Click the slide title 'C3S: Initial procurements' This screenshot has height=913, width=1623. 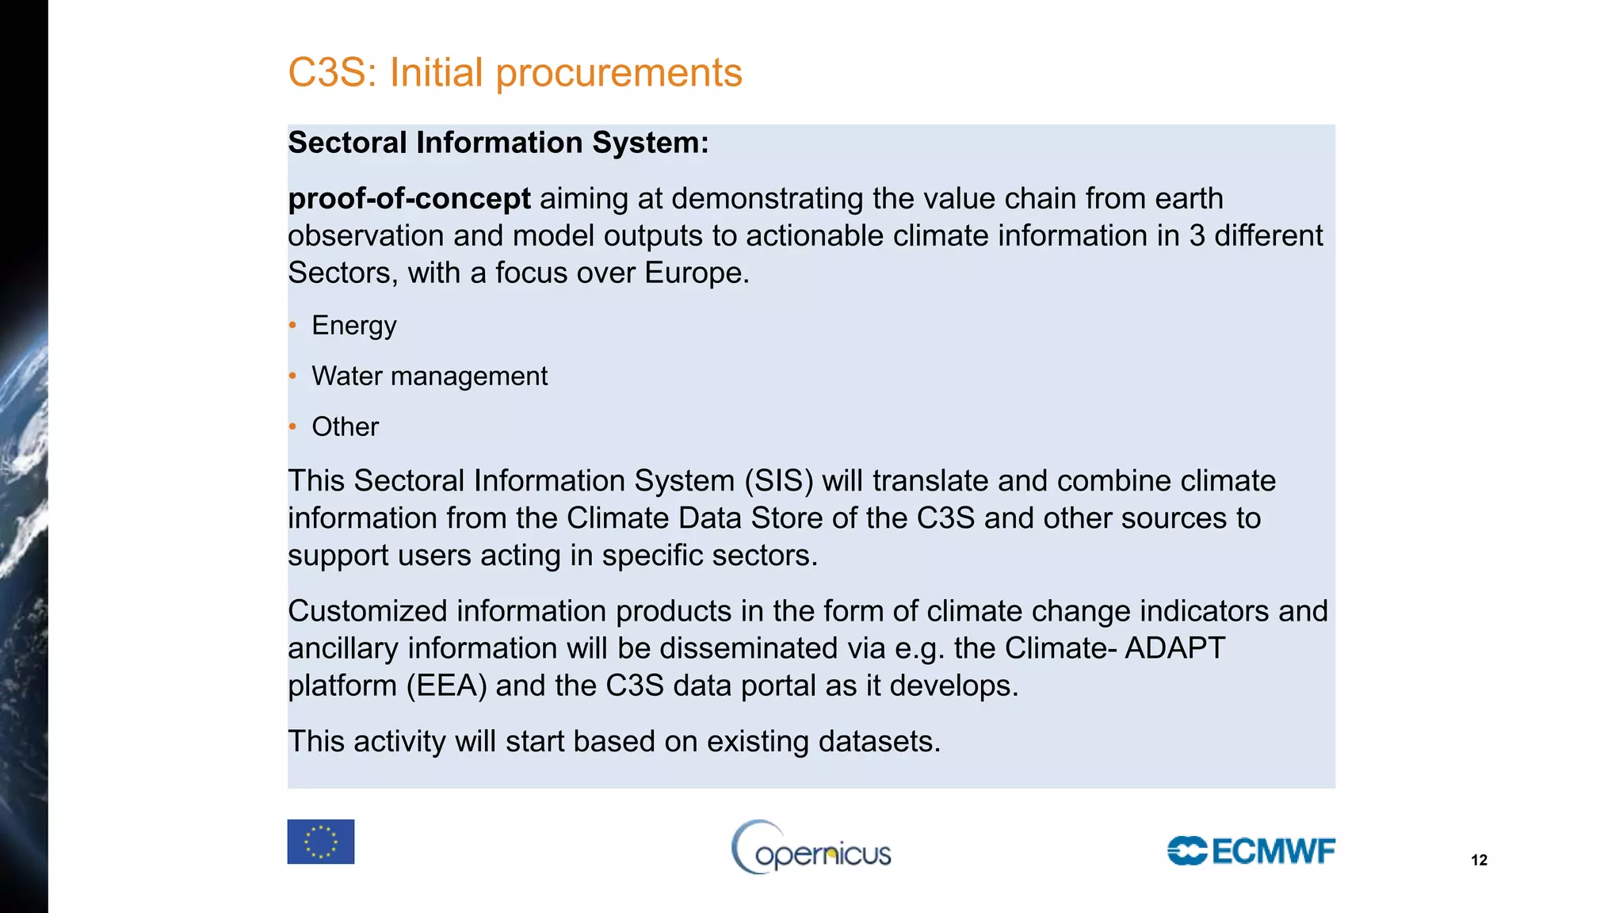pos(514,73)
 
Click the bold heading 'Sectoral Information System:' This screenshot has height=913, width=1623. pos(498,143)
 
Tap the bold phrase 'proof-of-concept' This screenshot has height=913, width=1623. pos(409,198)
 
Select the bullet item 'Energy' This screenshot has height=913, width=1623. pos(353,325)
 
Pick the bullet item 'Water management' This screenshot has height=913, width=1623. pos(429,376)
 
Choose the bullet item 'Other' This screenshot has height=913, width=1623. pos(345,426)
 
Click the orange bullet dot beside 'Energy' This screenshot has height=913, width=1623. pos(292,325)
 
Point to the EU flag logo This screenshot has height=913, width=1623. pos(320,842)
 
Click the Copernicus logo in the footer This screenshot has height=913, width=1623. pos(811,848)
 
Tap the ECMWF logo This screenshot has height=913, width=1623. pos(1251,851)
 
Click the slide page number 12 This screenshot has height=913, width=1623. pos(1479,860)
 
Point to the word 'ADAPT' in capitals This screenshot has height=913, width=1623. pos(1174,648)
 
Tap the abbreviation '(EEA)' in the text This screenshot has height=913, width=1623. pos(446,686)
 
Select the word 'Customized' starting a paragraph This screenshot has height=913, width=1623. pos(368,611)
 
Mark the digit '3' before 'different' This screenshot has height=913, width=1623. pos(1197,235)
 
